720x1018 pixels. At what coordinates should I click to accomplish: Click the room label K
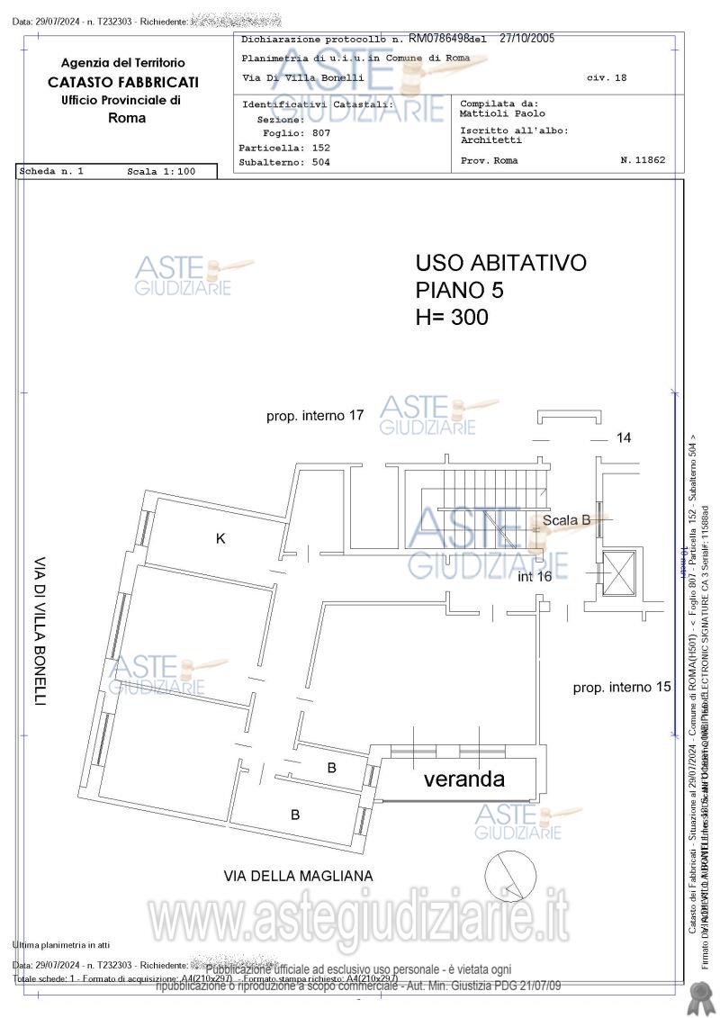(x=220, y=538)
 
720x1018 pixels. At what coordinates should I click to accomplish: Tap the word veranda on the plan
(x=463, y=779)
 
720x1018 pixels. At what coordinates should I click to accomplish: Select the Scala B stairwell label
(x=566, y=519)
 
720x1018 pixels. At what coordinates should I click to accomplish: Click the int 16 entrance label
(x=535, y=577)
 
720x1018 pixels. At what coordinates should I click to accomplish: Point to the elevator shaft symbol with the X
(x=620, y=572)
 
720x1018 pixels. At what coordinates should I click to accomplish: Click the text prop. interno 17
(x=315, y=416)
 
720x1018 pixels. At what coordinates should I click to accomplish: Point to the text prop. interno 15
(x=623, y=688)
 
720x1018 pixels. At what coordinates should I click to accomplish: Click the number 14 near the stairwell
(x=624, y=437)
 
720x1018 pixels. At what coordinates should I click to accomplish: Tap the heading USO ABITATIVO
(x=500, y=263)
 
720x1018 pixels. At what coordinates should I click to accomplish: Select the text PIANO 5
(x=460, y=290)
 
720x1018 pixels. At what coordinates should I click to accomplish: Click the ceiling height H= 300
(x=452, y=317)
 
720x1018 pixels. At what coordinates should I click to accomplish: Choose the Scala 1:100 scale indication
(x=161, y=171)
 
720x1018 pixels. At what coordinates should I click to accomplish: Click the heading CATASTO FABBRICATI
(x=123, y=82)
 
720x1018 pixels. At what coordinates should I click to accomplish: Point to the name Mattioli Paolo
(x=502, y=114)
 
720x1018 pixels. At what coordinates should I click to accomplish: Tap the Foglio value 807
(x=321, y=132)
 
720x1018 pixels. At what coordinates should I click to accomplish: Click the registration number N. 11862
(x=643, y=160)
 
